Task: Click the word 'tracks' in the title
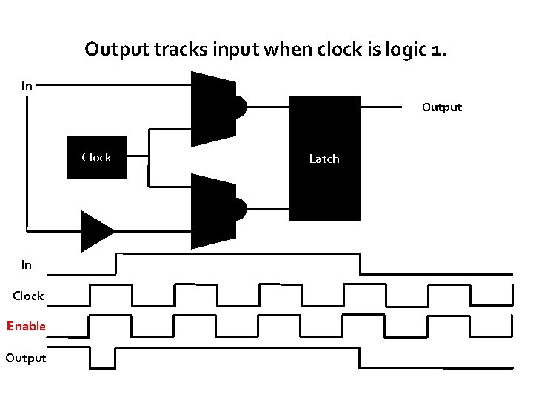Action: [x=158, y=50]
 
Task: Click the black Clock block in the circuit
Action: [x=96, y=157]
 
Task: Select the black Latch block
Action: [x=324, y=159]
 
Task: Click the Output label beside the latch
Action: [x=441, y=107]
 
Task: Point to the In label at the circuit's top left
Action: [x=27, y=85]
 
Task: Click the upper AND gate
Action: [x=215, y=108]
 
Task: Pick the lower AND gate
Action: [x=215, y=210]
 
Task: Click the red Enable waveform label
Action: [x=27, y=326]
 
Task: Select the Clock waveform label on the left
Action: [x=28, y=296]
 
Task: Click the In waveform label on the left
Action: [x=27, y=264]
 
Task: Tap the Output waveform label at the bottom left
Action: [x=26, y=358]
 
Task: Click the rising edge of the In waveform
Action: [x=115, y=264]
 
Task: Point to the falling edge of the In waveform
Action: [x=361, y=264]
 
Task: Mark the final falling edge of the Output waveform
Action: [x=361, y=357]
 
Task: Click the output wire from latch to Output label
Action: [x=386, y=107]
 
